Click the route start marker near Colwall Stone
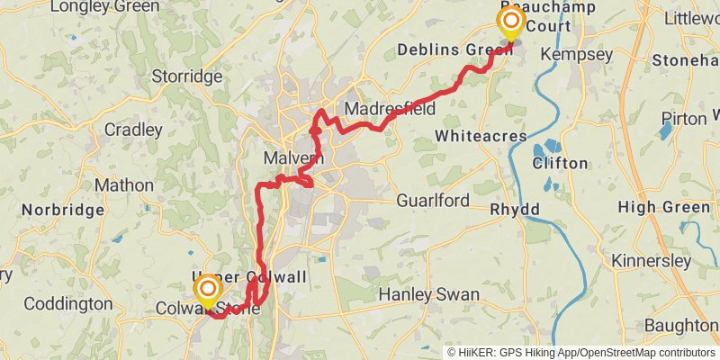(x=208, y=290)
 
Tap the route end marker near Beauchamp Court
(x=511, y=22)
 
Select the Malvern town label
(x=293, y=158)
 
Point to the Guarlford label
(x=432, y=200)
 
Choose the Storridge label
(x=187, y=76)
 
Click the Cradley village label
(x=133, y=130)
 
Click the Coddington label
(x=68, y=304)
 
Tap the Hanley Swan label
(x=428, y=294)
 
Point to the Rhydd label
(x=515, y=209)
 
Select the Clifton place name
(x=560, y=164)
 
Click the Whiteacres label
(x=480, y=135)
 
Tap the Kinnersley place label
(x=651, y=261)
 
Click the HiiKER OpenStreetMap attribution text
(x=580, y=353)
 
